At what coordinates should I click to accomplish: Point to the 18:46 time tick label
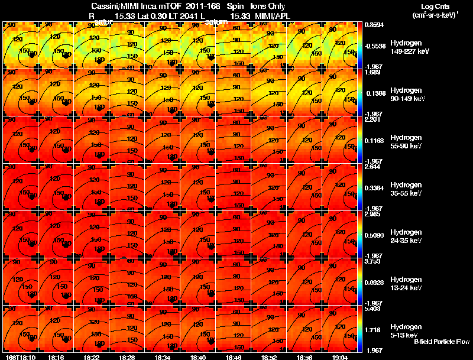point(234,357)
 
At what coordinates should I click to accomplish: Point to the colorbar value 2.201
point(372,119)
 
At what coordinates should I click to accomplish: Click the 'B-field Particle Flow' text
point(441,342)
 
